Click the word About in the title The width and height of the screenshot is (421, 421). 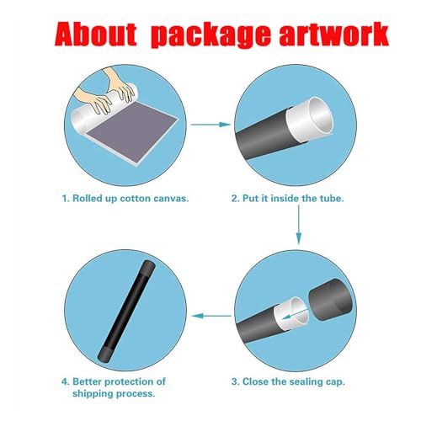95,35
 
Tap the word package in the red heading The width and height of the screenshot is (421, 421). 210,35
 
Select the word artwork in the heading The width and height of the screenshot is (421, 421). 334,35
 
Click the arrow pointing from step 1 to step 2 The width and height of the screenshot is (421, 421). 210,125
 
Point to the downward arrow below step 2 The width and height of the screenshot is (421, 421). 299,225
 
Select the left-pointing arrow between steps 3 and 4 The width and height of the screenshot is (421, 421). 211,316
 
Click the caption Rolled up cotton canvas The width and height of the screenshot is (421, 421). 125,199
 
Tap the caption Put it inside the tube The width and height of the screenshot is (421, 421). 287,199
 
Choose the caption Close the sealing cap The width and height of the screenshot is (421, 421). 288,381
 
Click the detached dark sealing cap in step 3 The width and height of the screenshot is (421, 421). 330,298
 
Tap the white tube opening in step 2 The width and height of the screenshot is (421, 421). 320,115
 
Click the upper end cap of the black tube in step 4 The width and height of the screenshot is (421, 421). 148,267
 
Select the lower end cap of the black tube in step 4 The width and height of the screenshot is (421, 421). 104,355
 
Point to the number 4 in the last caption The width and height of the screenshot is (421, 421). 65,382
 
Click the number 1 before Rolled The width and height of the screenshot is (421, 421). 65,199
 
